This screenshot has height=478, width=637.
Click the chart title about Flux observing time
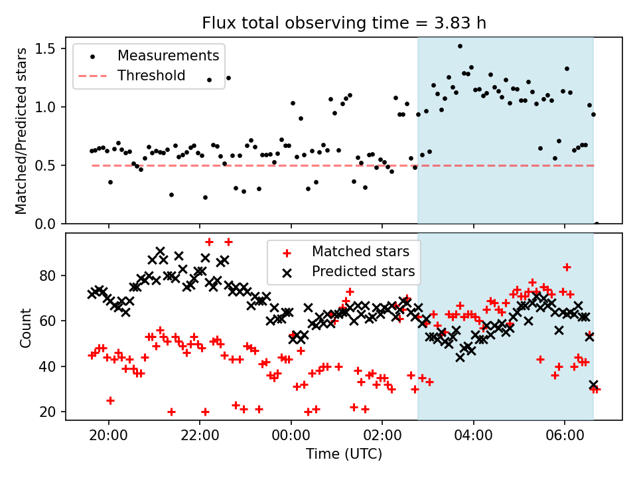point(344,23)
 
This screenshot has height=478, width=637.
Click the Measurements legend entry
point(168,55)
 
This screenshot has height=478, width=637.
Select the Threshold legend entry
point(151,75)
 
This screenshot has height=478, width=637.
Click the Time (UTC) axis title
point(344,455)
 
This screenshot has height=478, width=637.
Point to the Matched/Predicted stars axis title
point(21,131)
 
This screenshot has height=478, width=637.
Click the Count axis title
point(26,327)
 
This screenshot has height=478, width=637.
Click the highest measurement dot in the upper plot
point(460,46)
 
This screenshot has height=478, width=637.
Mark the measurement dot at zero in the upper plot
point(597,224)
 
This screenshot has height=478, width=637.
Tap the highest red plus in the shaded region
point(567,267)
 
